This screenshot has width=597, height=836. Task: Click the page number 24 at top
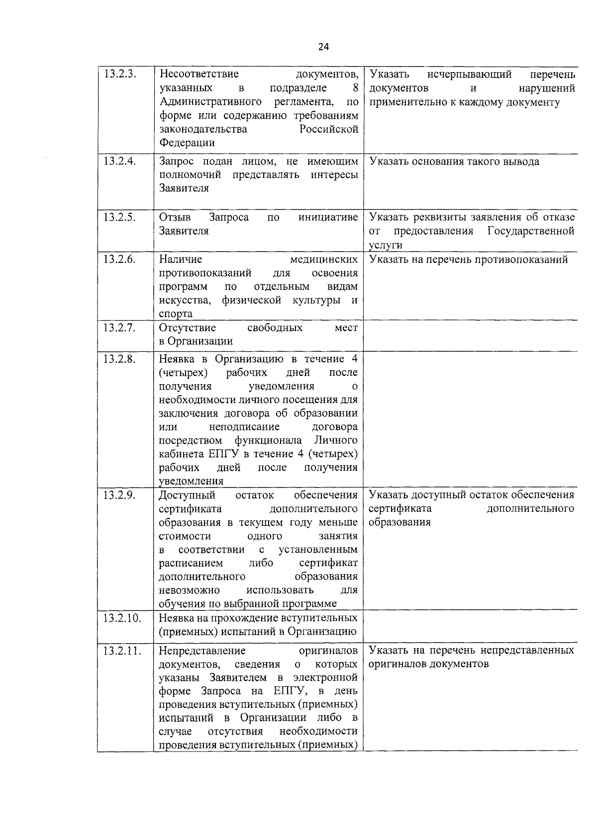click(x=323, y=47)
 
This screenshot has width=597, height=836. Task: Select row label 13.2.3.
click(x=120, y=75)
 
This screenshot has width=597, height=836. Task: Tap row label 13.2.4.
click(x=120, y=162)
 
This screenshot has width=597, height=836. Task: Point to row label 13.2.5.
click(x=120, y=217)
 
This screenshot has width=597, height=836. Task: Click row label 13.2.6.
click(x=120, y=259)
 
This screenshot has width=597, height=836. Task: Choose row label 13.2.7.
click(x=120, y=328)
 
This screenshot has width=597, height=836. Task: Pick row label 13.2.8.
click(x=120, y=359)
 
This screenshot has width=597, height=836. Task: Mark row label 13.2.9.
click(x=120, y=495)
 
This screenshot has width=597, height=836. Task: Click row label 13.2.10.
click(x=122, y=618)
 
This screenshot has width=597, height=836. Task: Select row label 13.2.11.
click(x=122, y=651)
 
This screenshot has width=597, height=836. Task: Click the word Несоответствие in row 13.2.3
click(x=199, y=75)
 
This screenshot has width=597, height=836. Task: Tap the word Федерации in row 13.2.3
click(x=187, y=143)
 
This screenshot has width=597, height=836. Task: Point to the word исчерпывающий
click(x=469, y=75)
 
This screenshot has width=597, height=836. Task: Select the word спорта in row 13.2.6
click(x=176, y=314)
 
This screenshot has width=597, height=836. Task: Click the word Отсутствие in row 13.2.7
click(x=188, y=328)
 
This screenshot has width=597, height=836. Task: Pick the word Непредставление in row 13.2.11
click(x=202, y=651)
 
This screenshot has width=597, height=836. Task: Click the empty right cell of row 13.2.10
click(x=470, y=625)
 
